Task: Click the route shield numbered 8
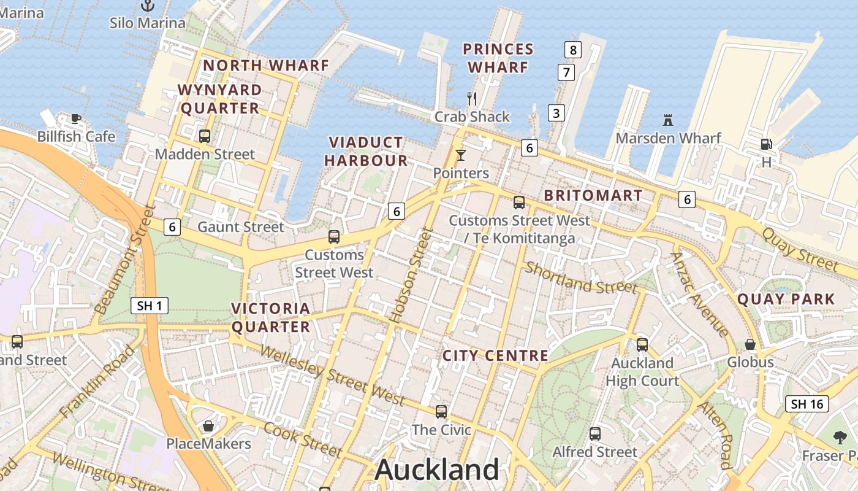572,50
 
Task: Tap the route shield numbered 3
556,113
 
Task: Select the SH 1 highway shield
150,306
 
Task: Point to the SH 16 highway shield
807,404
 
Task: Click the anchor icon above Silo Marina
148,6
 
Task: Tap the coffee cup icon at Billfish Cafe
75,118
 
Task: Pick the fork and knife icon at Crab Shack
472,98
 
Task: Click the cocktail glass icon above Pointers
461,155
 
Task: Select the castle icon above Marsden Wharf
668,120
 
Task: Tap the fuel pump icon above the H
766,144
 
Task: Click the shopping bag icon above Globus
750,344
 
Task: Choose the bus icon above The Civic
441,412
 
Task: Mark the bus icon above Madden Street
205,136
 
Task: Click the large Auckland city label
437,470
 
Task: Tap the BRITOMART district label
593,196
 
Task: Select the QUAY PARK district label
786,300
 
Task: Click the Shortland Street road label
581,278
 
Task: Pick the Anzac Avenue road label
700,295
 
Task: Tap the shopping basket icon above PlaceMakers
208,426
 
